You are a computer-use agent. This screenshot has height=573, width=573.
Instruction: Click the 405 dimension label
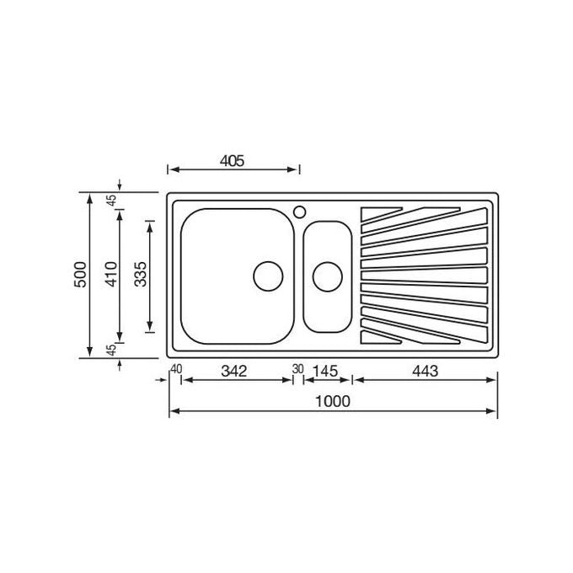(232, 161)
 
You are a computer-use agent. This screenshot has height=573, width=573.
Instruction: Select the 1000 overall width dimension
(333, 401)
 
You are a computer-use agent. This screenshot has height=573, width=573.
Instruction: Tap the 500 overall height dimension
(80, 275)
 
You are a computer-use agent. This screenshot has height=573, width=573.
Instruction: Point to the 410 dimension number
(111, 274)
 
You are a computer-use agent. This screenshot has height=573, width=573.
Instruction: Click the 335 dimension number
(141, 274)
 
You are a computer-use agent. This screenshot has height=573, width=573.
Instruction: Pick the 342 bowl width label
(234, 372)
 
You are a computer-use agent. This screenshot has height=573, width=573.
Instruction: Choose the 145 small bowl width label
(325, 372)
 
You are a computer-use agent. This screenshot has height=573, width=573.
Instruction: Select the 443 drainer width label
(425, 372)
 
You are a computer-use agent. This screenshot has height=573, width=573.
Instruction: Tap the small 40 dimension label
(176, 369)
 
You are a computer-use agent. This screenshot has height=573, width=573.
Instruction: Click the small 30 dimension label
(297, 369)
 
